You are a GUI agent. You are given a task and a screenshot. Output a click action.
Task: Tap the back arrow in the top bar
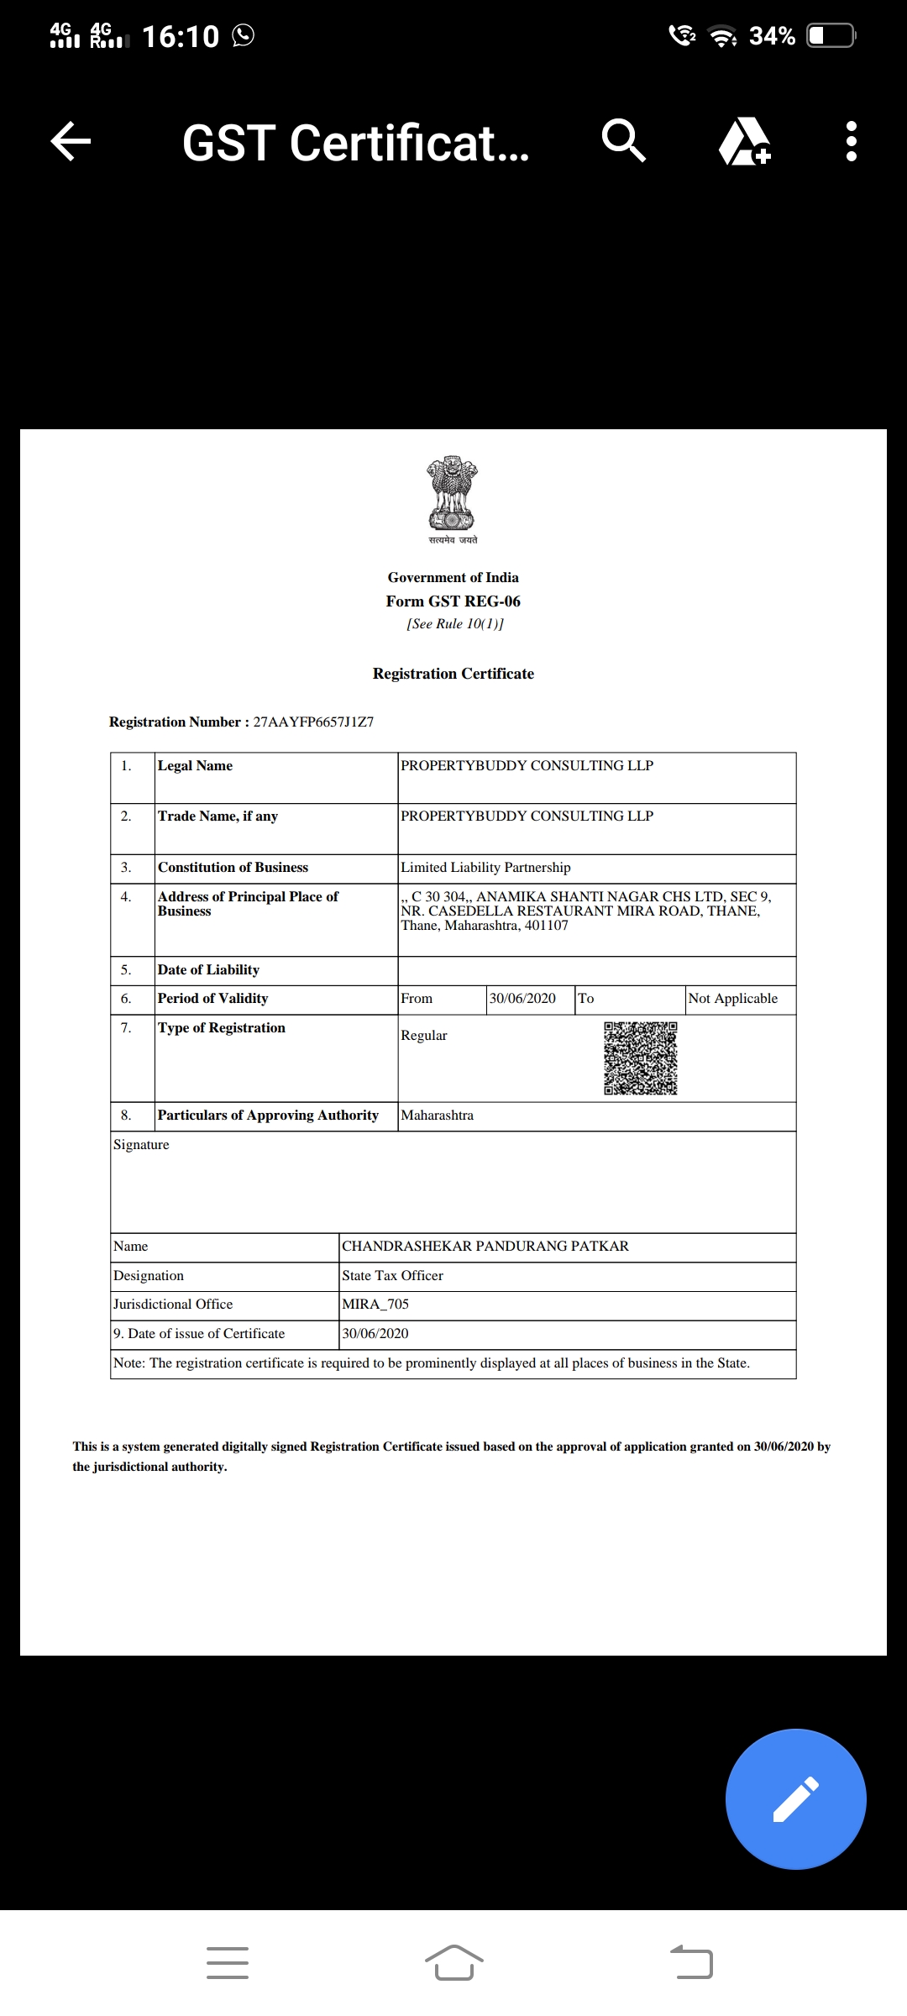click(x=71, y=141)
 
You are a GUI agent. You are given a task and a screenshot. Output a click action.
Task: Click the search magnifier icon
click(x=623, y=140)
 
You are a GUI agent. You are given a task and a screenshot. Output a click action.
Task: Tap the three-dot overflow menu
click(x=851, y=141)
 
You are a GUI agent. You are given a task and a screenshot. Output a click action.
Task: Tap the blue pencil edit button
click(x=795, y=1798)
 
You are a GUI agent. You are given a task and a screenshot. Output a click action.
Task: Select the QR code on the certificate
click(x=640, y=1058)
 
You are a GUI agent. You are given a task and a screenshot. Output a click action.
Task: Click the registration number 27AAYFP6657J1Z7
click(x=313, y=722)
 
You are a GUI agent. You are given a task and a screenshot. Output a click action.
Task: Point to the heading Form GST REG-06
click(x=453, y=601)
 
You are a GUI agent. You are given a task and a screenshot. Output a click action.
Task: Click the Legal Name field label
click(x=195, y=765)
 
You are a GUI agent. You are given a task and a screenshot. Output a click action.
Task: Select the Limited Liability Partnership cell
click(x=485, y=867)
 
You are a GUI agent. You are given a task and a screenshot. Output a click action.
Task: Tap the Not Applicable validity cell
click(x=732, y=998)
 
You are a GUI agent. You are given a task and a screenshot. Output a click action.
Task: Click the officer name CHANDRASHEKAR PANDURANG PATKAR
click(x=485, y=1246)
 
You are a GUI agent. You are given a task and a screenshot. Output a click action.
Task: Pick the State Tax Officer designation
click(x=392, y=1275)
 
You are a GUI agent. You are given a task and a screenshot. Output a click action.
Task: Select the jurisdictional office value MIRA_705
click(x=375, y=1304)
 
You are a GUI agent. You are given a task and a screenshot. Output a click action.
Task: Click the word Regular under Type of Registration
click(x=423, y=1035)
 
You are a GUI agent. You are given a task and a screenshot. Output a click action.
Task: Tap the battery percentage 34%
click(x=772, y=36)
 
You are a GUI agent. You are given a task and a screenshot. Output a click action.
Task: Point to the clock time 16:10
click(x=180, y=36)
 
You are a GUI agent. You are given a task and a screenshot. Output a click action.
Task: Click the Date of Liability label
click(x=208, y=969)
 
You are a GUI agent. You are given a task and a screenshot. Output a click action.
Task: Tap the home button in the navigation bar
click(x=453, y=1962)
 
